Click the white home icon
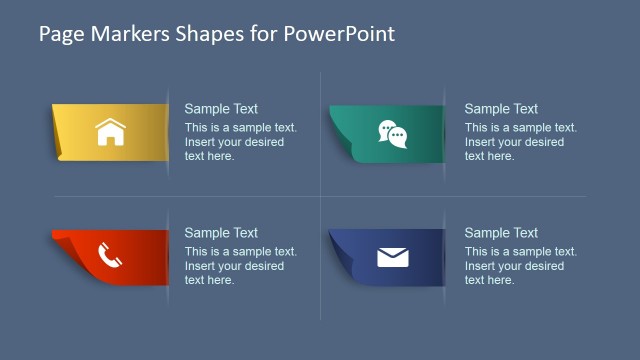[110, 132]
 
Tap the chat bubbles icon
[392, 133]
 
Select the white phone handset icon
[110, 257]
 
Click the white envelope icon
[393, 257]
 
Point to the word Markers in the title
[120, 33]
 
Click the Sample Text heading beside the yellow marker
[221, 109]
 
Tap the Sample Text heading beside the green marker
[501, 109]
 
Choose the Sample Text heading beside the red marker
[221, 233]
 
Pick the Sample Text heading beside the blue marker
[501, 233]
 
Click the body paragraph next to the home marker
[240, 142]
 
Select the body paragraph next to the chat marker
[520, 142]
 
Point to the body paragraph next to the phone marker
[240, 266]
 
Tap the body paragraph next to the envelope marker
[520, 266]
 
